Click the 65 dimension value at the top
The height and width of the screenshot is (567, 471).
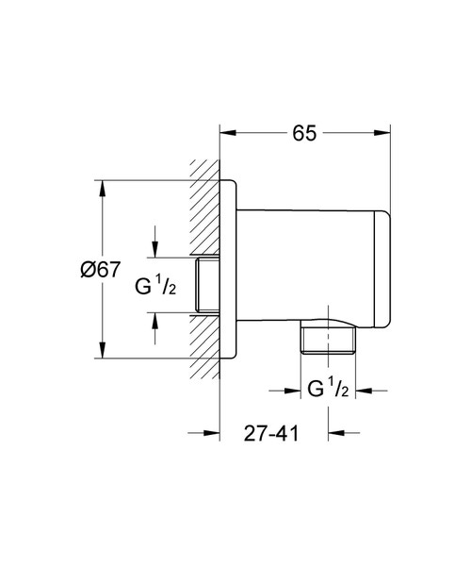[303, 133]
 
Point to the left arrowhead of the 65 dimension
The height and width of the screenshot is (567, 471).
[226, 133]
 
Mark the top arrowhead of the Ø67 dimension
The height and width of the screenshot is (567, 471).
[103, 185]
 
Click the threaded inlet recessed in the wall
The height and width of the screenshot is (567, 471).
[205, 286]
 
